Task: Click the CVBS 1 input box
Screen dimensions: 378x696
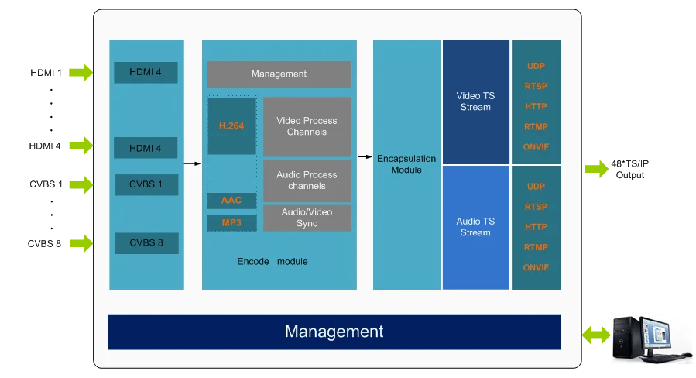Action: (x=146, y=185)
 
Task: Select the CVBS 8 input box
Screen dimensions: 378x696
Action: (x=146, y=243)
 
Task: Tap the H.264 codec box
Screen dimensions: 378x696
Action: (x=231, y=125)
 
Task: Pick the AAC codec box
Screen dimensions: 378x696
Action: (x=231, y=201)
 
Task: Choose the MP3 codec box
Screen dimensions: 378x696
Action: (x=231, y=223)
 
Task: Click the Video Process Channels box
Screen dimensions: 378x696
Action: (x=307, y=126)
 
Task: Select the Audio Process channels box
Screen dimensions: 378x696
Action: (x=307, y=180)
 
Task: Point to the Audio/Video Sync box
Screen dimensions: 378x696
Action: (x=307, y=218)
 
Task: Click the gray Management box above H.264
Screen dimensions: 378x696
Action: (x=279, y=74)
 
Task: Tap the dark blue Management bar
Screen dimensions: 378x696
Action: (x=334, y=332)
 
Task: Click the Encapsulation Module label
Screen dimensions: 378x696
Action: (x=406, y=163)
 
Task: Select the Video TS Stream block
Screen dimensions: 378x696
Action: (x=475, y=101)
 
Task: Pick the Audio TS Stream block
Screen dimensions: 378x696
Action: (x=475, y=227)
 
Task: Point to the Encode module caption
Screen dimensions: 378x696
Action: (x=272, y=262)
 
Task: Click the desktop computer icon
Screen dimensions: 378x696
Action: (x=650, y=337)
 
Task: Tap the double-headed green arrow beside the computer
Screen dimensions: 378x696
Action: (x=595, y=335)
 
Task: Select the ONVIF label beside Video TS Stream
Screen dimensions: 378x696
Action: (x=536, y=147)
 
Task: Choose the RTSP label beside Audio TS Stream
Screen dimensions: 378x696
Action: (x=536, y=207)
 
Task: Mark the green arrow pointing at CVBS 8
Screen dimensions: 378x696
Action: (x=81, y=242)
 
